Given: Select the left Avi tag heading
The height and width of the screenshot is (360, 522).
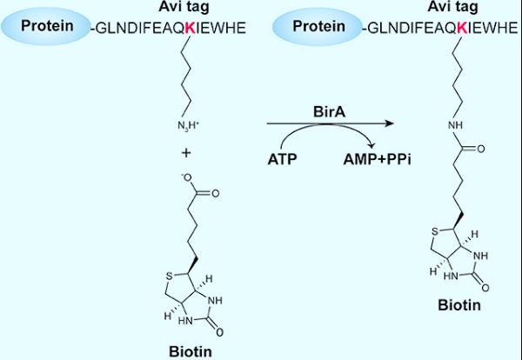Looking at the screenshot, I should pyautogui.click(x=190, y=8).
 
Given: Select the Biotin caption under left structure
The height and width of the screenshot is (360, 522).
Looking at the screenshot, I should pyautogui.click(x=190, y=350).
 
